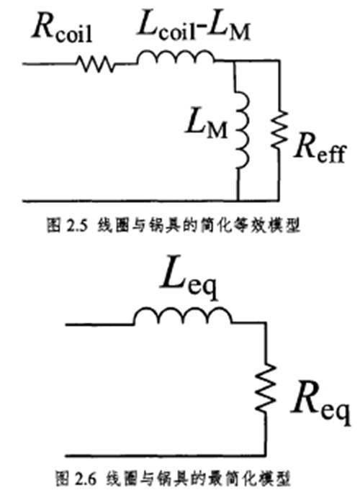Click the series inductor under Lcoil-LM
click(x=173, y=57)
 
